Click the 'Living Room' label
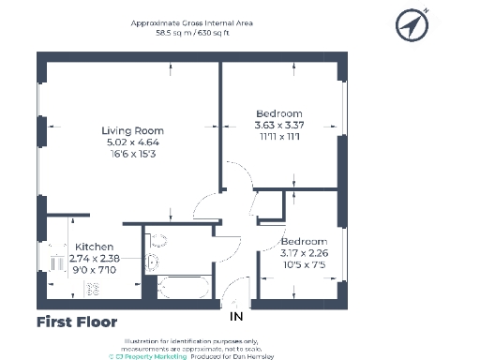(132, 130)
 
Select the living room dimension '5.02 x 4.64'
(132, 142)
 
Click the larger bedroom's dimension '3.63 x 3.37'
(278, 125)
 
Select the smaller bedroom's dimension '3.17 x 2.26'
(305, 250)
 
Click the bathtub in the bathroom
(186, 286)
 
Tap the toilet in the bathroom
(157, 239)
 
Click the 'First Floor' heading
(77, 322)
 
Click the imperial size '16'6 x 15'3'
(132, 153)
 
